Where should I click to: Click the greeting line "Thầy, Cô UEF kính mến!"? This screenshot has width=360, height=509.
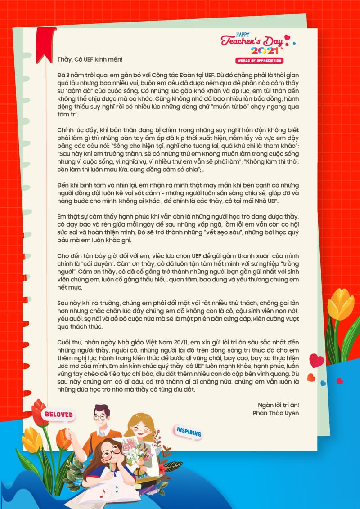pyautogui.click(x=90, y=59)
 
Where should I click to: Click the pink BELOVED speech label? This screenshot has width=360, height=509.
pyautogui.click(x=58, y=414)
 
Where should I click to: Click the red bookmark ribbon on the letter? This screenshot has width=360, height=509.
pyautogui.click(x=45, y=43)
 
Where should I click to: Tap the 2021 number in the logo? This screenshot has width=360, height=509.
pyautogui.click(x=261, y=51)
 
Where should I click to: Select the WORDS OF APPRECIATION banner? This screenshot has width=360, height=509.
pyautogui.click(x=259, y=60)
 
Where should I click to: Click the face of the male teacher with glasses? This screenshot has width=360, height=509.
pyautogui.click(x=101, y=416)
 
